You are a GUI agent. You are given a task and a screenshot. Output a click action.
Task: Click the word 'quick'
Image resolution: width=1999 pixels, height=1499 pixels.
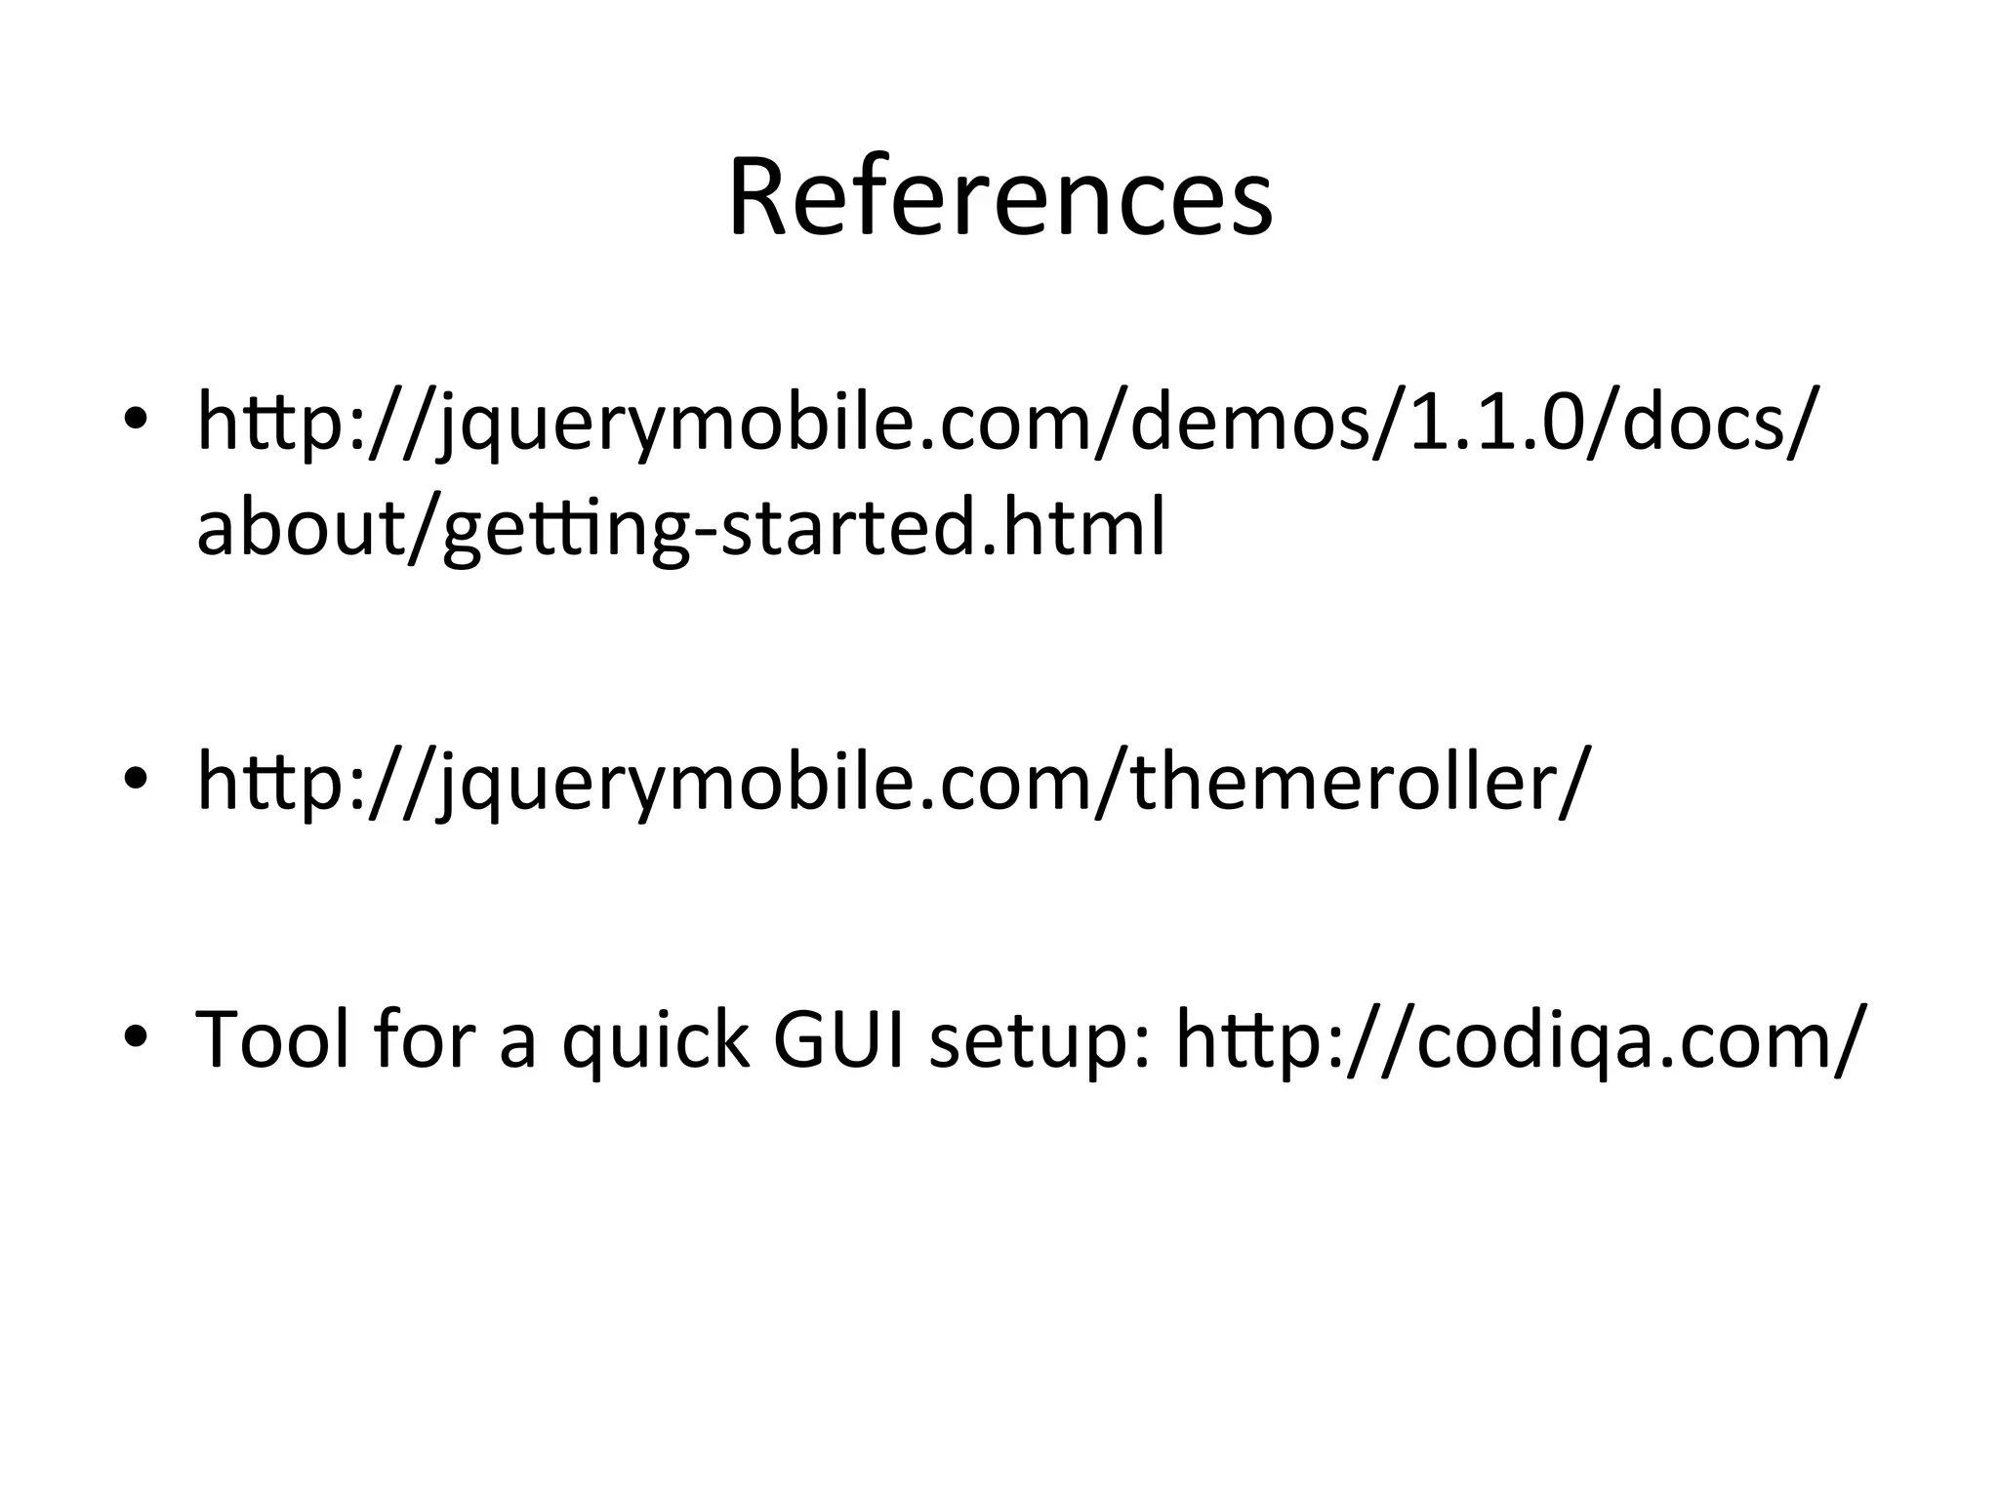point(655,1040)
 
